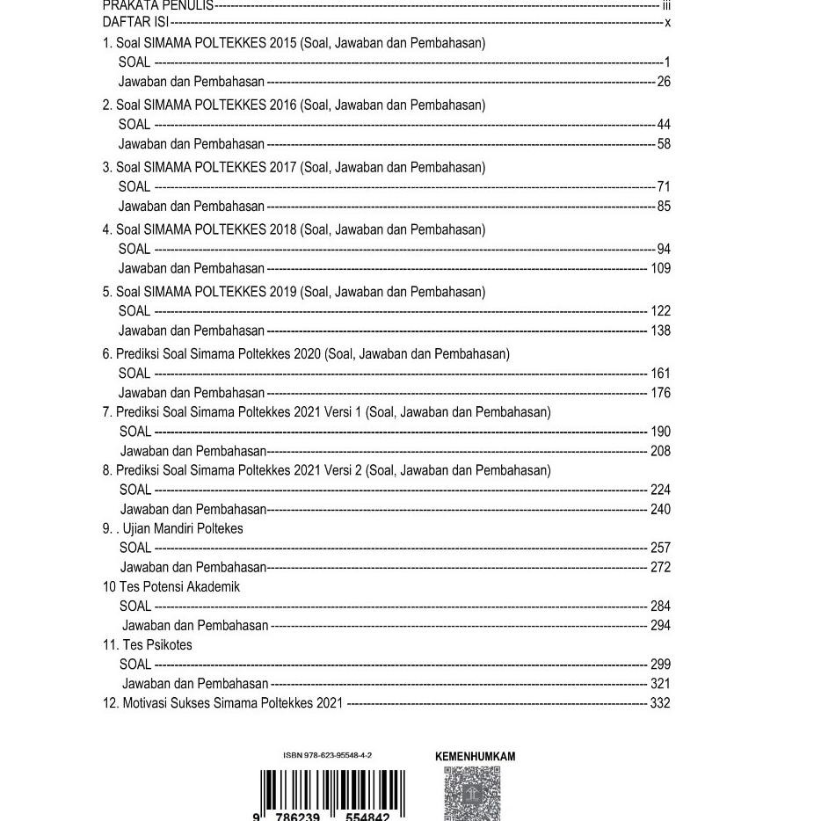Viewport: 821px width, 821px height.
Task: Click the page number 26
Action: click(x=663, y=83)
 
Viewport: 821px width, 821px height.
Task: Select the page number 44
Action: click(x=663, y=125)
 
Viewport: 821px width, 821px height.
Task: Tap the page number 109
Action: click(x=660, y=269)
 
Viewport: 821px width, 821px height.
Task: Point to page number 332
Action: click(x=660, y=703)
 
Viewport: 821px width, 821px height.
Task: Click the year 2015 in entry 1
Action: click(x=284, y=43)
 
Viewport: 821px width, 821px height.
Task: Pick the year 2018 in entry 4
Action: click(x=284, y=229)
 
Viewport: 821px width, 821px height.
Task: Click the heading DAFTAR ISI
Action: click(x=135, y=22)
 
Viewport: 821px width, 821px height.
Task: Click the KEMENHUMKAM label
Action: click(x=476, y=756)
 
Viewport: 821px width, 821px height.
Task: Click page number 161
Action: click(x=660, y=374)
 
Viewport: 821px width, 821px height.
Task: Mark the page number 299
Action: click(x=660, y=665)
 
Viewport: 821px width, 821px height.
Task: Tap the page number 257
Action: click(x=660, y=548)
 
